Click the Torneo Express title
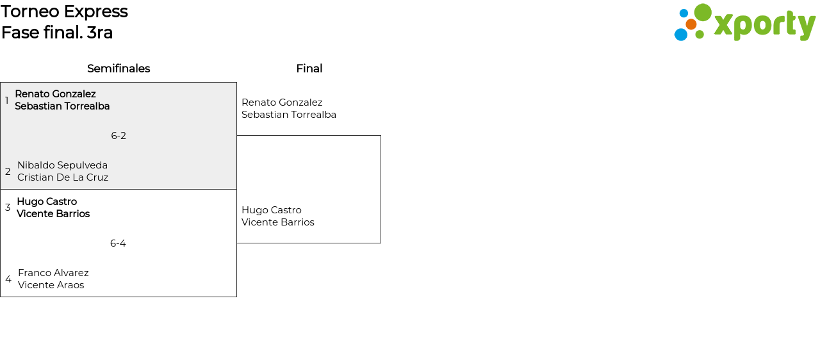(x=64, y=12)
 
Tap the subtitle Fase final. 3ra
(x=57, y=33)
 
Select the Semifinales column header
(x=119, y=69)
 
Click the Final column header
(x=309, y=69)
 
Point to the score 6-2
(x=119, y=136)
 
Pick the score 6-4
(x=118, y=243)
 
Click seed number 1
(x=7, y=101)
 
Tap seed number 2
(x=8, y=172)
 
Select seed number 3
(x=8, y=208)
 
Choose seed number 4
(x=8, y=279)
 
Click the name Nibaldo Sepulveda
(x=62, y=165)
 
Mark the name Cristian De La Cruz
(x=63, y=177)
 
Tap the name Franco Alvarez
(x=53, y=273)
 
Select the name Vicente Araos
(x=51, y=285)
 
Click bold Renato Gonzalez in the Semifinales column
(x=55, y=94)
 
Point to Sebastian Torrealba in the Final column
(x=289, y=115)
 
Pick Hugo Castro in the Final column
(x=271, y=210)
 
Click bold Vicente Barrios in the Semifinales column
(x=53, y=214)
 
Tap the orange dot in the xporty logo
(x=691, y=24)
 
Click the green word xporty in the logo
(x=764, y=25)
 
